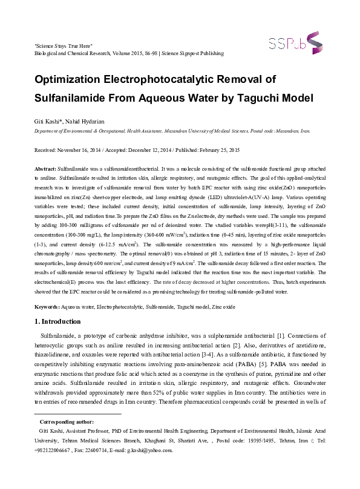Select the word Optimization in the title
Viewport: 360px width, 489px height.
(x=71, y=79)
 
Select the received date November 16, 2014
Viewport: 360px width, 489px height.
(x=84, y=149)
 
